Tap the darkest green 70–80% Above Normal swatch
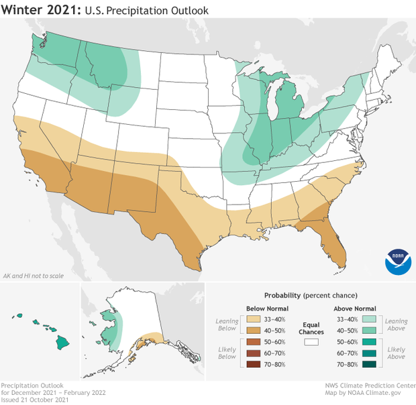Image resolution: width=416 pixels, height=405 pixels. pyautogui.click(x=368, y=364)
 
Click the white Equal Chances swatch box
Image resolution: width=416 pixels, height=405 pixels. pyautogui.click(x=311, y=341)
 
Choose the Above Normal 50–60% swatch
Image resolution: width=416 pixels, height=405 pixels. pyautogui.click(x=368, y=341)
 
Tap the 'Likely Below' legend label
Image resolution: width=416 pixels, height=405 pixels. pyautogui.click(x=228, y=353)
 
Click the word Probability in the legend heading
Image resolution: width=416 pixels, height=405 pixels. pyautogui.click(x=282, y=295)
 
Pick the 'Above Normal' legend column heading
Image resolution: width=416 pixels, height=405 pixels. pyautogui.click(x=356, y=307)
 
